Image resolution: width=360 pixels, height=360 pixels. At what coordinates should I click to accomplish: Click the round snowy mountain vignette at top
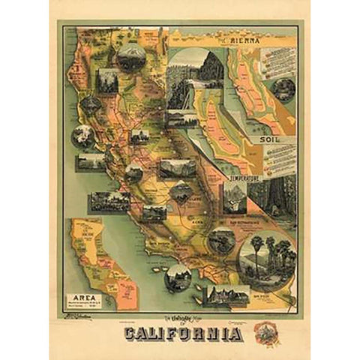pos(132,57)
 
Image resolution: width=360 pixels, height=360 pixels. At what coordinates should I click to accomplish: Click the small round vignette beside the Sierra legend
pos(283,90)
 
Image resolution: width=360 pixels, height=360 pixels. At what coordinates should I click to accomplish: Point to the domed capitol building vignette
pos(139,138)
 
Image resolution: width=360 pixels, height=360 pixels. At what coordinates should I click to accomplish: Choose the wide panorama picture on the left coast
pos(109,200)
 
